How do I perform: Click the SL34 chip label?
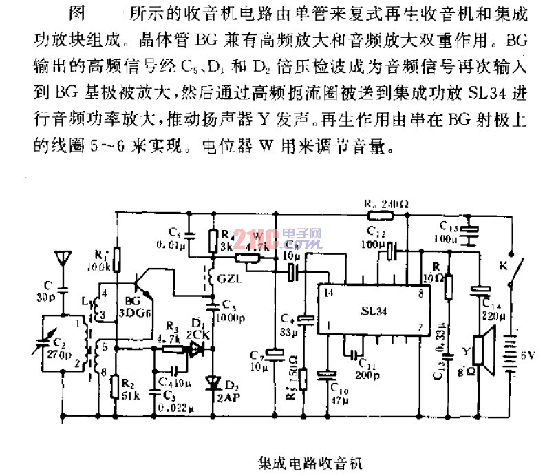click(372, 311)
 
